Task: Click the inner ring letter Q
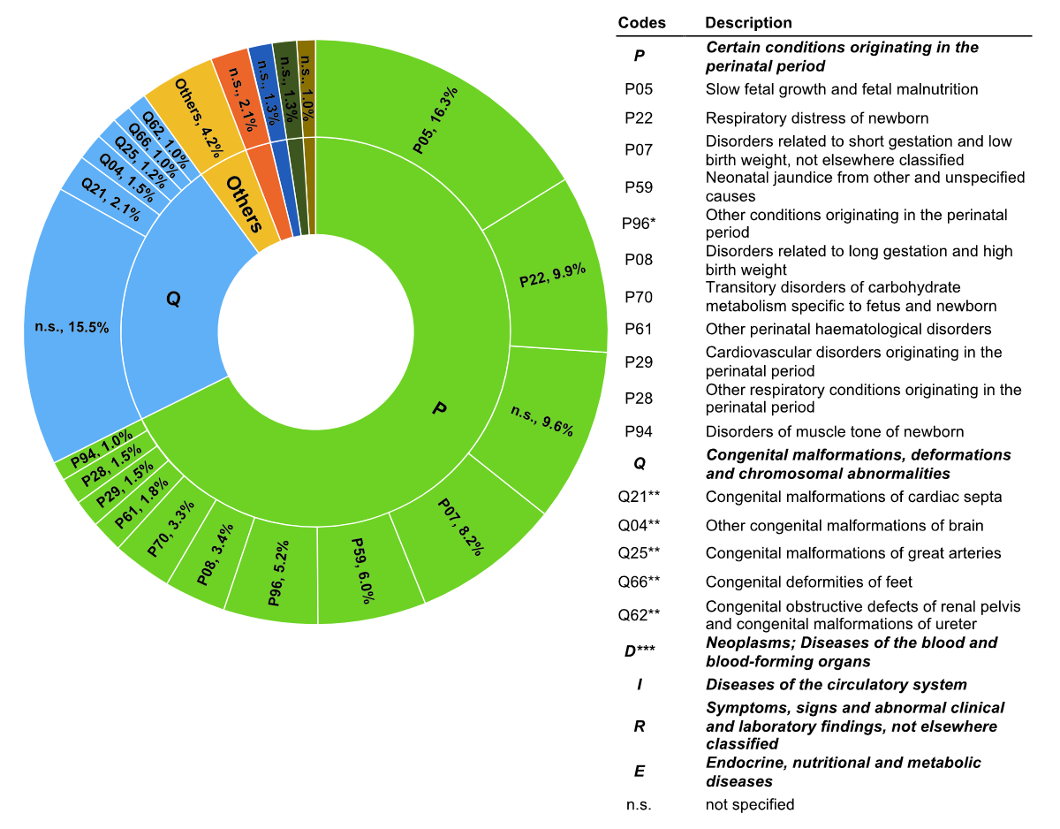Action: point(173,300)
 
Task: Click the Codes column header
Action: point(641,23)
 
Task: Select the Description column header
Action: point(748,23)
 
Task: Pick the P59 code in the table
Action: point(639,186)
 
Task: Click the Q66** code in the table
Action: point(639,582)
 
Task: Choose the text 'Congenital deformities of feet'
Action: point(808,582)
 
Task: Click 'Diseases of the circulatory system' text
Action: point(836,685)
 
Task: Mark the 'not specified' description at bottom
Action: point(750,805)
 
